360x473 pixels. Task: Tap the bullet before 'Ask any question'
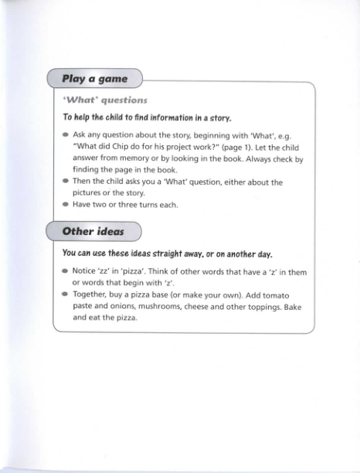(x=66, y=135)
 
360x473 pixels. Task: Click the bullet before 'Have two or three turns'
(x=66, y=205)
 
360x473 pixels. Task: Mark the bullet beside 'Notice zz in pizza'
(x=66, y=271)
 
